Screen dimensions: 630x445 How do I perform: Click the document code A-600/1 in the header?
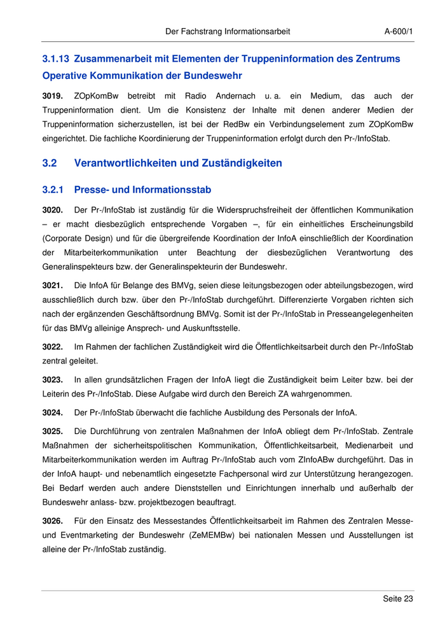[399, 31]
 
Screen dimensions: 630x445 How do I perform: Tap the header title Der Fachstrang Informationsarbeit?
[228, 31]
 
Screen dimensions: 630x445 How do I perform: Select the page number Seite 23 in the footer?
[398, 599]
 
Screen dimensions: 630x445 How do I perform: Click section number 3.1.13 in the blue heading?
[56, 59]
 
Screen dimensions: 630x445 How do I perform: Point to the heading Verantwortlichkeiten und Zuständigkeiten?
[178, 164]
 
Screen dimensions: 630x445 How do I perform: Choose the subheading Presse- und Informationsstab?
[142, 190]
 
